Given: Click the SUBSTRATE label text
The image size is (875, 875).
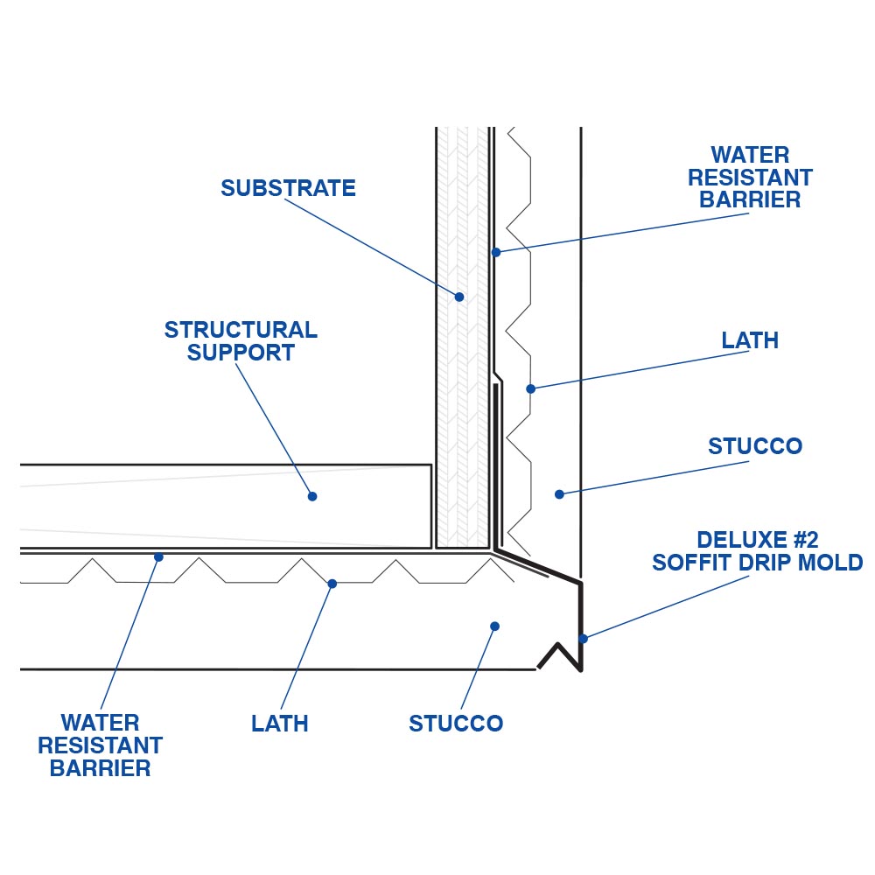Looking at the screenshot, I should tap(288, 188).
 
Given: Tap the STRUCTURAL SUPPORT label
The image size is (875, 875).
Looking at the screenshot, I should tap(241, 341).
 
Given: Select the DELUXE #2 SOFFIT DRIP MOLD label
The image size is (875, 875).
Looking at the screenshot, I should tap(757, 550).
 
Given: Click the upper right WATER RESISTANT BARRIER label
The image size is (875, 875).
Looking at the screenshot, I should tap(750, 178).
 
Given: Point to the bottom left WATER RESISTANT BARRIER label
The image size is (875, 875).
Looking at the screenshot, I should tap(100, 745).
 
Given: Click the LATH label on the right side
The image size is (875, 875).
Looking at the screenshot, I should tap(750, 340).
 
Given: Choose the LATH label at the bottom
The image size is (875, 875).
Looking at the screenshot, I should tap(279, 724).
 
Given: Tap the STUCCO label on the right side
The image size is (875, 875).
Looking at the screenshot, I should tap(754, 446).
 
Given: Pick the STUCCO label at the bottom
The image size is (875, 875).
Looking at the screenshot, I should tap(456, 724).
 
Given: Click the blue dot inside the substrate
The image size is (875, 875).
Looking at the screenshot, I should tap(459, 297).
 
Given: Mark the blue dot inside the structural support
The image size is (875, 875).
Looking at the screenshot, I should tap(312, 496).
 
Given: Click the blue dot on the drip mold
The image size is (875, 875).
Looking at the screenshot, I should tap(583, 638).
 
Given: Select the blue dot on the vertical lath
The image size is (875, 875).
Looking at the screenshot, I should tap(530, 388).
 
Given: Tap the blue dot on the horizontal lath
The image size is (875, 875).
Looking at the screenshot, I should tap(332, 584).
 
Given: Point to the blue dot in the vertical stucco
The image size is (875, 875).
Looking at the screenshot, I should tap(559, 494).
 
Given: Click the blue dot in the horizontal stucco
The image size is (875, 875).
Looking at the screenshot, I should tap(494, 626).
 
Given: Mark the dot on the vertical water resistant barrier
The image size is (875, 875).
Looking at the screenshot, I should tap(495, 252).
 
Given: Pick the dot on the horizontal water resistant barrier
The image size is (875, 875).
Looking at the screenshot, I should tap(158, 556).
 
